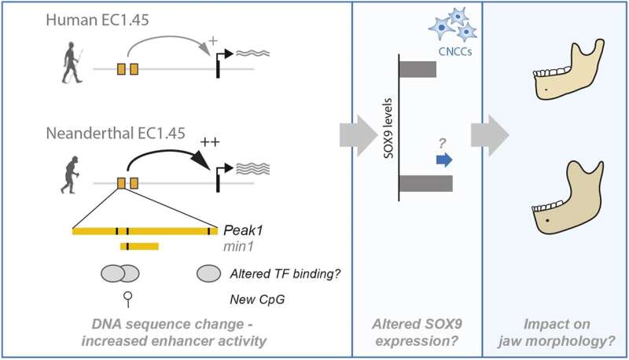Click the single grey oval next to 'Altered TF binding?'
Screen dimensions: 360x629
pos(208,273)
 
